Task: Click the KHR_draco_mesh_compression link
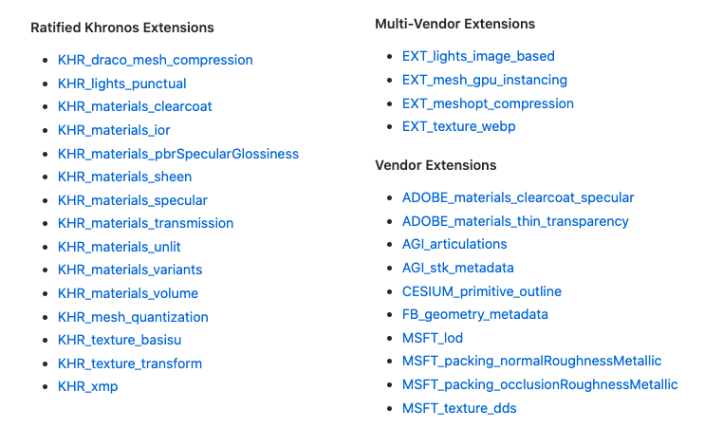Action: click(156, 60)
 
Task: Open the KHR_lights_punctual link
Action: click(122, 84)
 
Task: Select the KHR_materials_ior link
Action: click(114, 130)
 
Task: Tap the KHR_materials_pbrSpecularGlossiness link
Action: click(178, 154)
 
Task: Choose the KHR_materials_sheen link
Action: click(125, 177)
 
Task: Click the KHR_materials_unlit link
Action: click(120, 247)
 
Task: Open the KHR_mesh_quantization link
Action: click(134, 317)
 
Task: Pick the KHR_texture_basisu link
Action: click(120, 340)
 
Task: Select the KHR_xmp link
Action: click(88, 387)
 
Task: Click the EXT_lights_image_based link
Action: click(478, 56)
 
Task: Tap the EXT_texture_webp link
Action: click(459, 126)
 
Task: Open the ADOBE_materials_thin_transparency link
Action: click(515, 221)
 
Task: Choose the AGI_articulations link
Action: click(454, 244)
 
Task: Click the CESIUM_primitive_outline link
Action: click(482, 291)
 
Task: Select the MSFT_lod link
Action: click(433, 338)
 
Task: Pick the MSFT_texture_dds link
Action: click(459, 408)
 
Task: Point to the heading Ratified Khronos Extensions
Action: click(122, 28)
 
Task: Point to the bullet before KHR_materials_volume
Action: click(45, 293)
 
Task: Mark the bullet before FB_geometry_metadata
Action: click(389, 314)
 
